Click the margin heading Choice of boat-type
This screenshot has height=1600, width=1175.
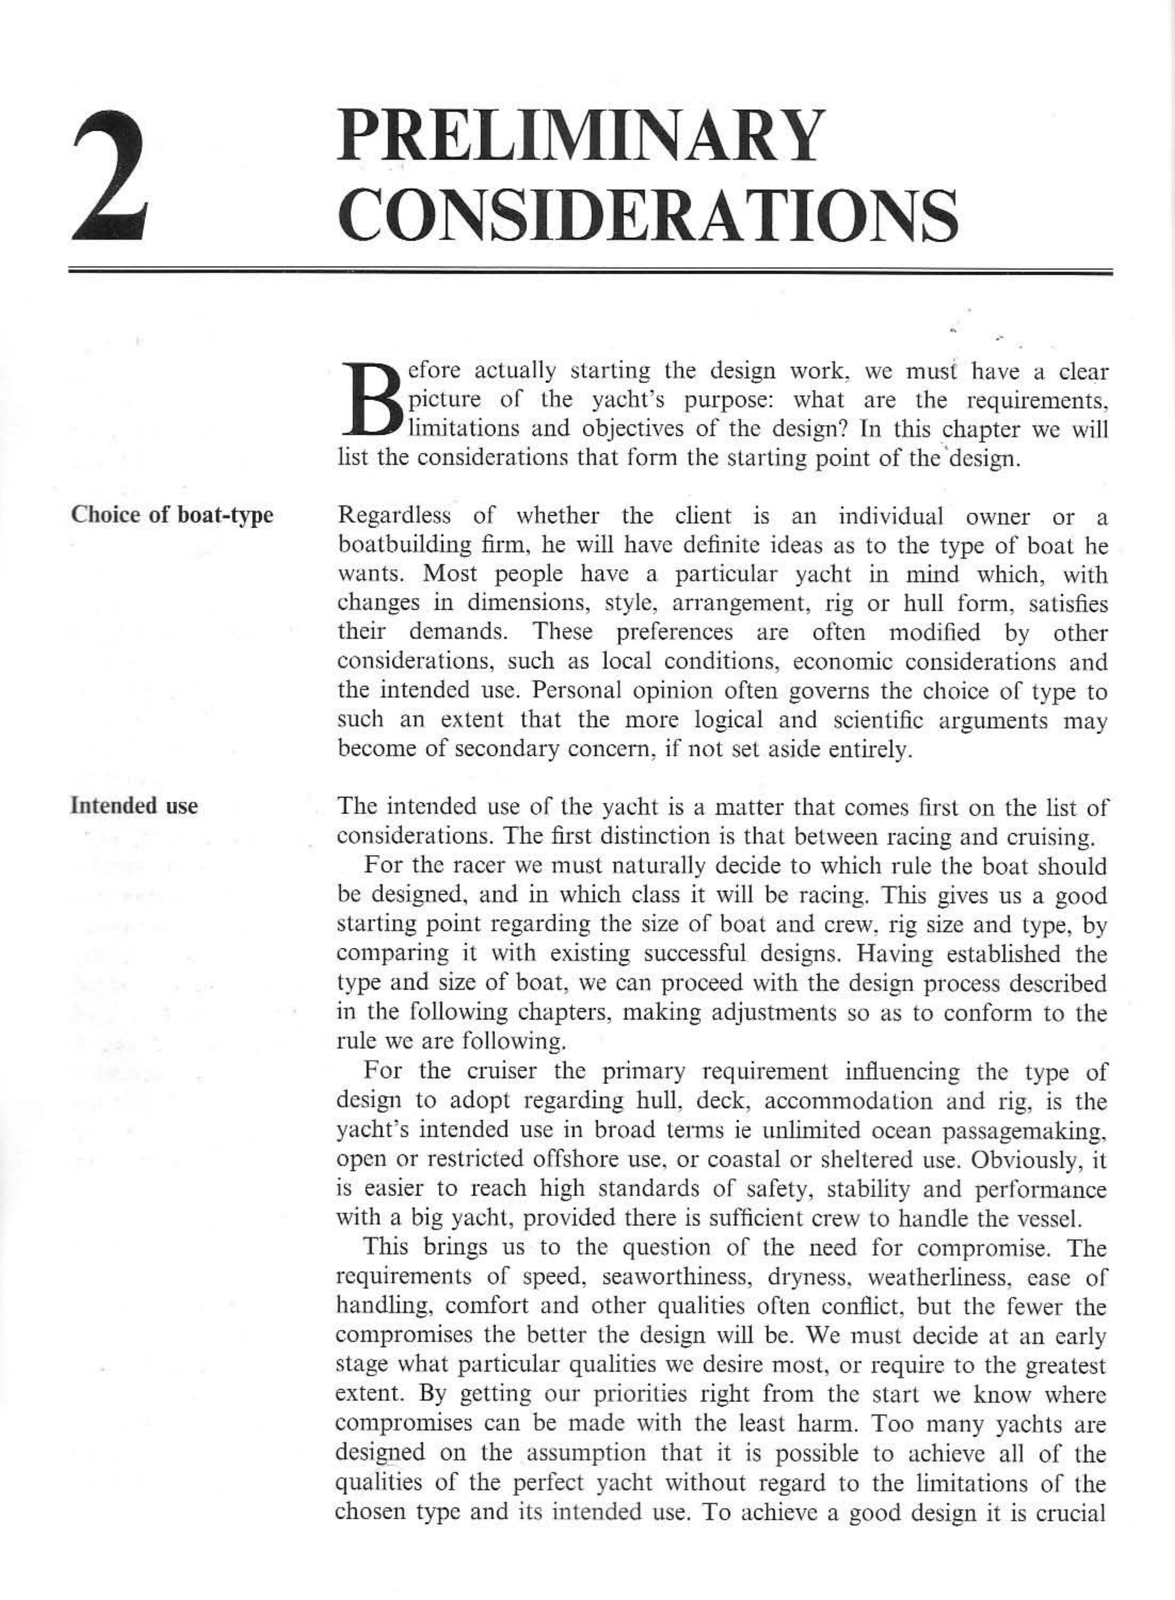pos(171,515)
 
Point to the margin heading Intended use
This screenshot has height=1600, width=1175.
pos(134,806)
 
